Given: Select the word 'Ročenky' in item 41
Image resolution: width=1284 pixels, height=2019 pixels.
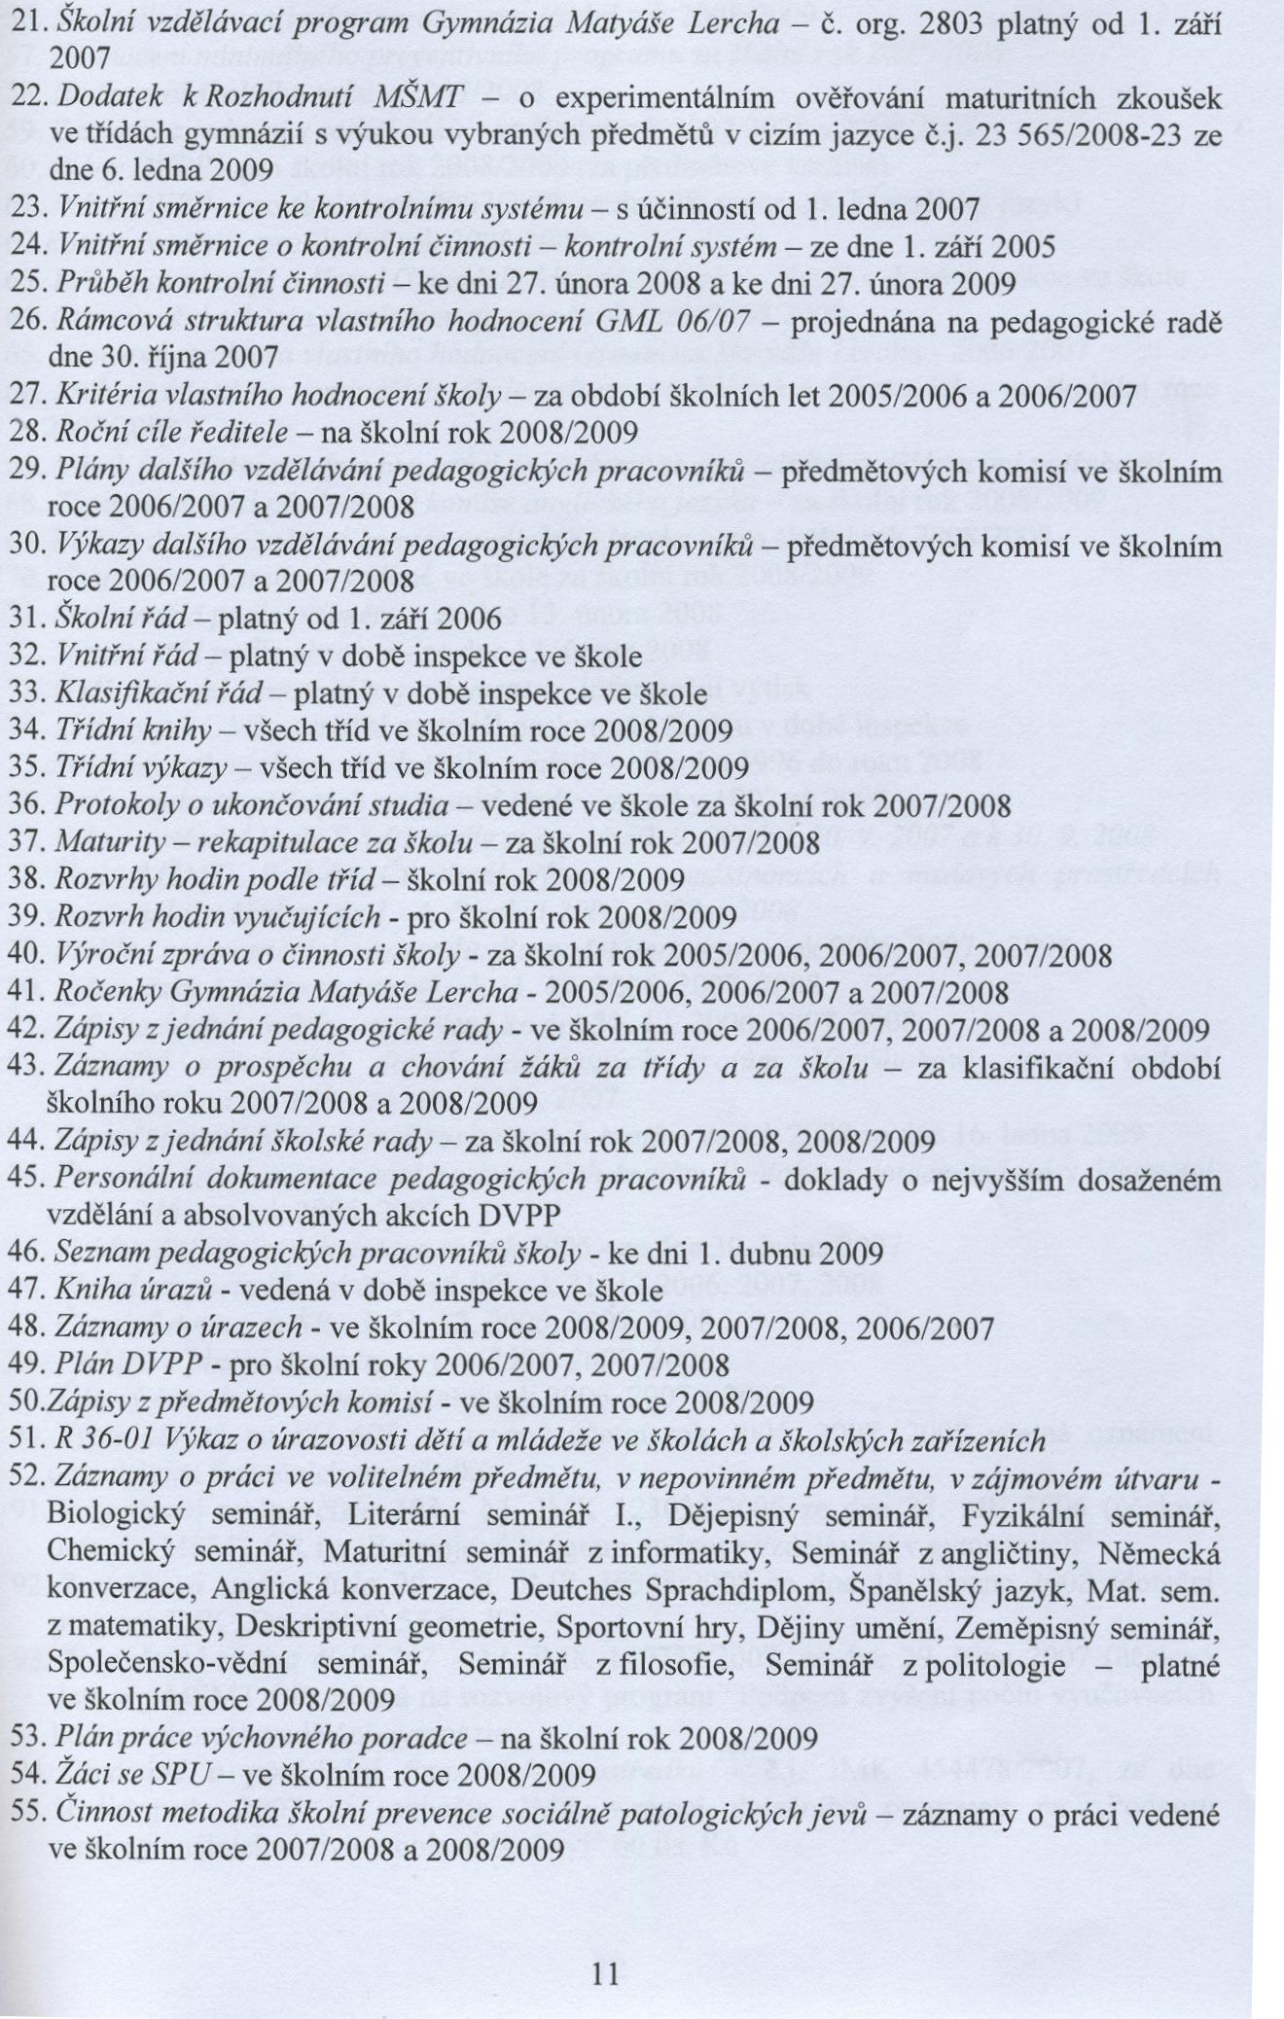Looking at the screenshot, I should [x=107, y=992].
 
